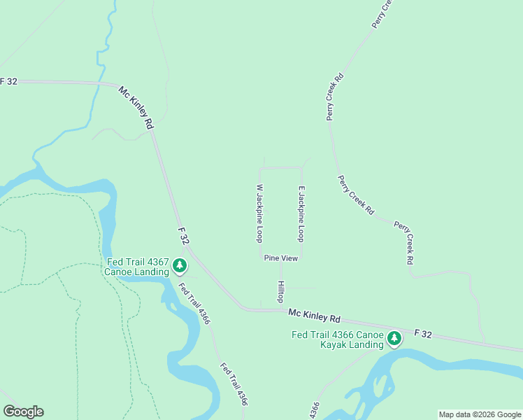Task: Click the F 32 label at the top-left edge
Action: (8, 81)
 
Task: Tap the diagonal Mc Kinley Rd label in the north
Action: (136, 107)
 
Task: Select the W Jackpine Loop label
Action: (259, 213)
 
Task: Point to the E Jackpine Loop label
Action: (301, 213)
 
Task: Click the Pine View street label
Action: (281, 258)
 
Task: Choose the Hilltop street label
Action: (281, 291)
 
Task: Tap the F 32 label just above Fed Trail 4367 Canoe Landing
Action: (184, 235)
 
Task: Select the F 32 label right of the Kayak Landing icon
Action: (424, 335)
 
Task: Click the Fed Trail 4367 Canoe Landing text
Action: (137, 267)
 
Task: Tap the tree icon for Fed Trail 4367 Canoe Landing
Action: (180, 265)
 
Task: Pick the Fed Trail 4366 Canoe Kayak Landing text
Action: (338, 339)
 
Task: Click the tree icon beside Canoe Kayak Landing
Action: (395, 339)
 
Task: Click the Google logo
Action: (23, 411)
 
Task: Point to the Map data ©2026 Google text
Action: (480, 414)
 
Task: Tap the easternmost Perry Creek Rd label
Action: (404, 243)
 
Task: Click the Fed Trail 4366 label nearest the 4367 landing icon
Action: (193, 303)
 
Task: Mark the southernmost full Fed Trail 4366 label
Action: (234, 384)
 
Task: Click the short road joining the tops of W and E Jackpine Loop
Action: (281, 168)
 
